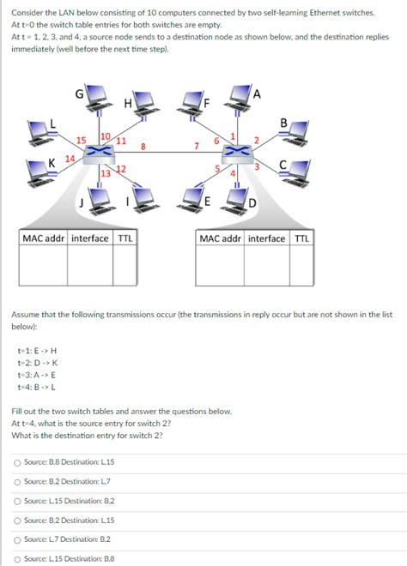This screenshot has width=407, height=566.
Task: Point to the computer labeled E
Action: point(190,198)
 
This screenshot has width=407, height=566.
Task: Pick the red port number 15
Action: point(82,140)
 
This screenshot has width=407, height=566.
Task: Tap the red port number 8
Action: point(143,147)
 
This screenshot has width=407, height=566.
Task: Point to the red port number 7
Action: point(197,146)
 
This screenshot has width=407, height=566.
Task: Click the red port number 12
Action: point(121,169)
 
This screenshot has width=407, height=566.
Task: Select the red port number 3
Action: point(257,166)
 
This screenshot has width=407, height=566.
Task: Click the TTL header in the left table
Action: point(125,238)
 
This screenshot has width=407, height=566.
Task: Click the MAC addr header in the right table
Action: point(220,238)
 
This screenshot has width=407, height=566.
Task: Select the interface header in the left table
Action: point(90,238)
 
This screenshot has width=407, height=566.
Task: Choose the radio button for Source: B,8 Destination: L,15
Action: point(17,462)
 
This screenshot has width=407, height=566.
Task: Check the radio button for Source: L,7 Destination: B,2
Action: point(17,539)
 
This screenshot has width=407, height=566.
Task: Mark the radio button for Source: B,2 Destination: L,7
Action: point(17,482)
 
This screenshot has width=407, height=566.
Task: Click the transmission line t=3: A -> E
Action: point(37,375)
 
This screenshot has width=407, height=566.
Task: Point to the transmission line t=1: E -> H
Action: point(37,351)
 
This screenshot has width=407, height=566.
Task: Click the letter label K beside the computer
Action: point(52,163)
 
